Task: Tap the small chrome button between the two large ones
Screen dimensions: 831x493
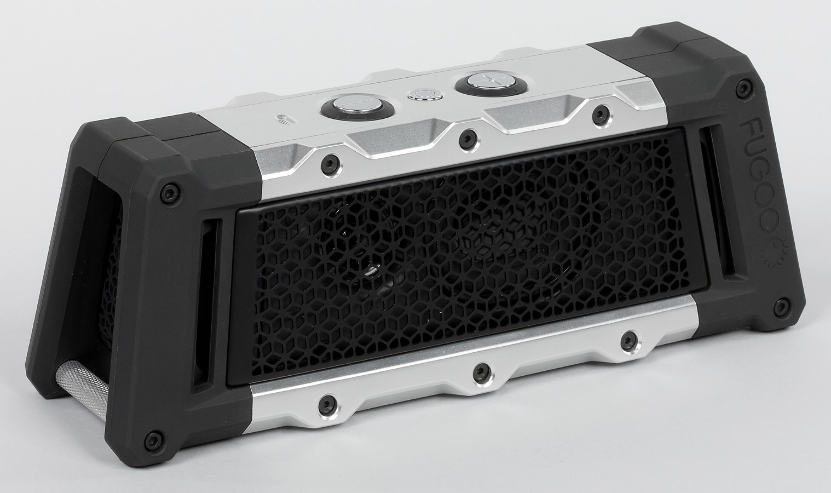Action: point(423,94)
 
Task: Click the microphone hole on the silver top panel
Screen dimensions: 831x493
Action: point(284,119)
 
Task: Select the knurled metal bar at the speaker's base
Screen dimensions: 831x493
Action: point(80,390)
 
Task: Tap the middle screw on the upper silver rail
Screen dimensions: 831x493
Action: point(467,137)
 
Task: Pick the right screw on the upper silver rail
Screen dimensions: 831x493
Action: point(601,111)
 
